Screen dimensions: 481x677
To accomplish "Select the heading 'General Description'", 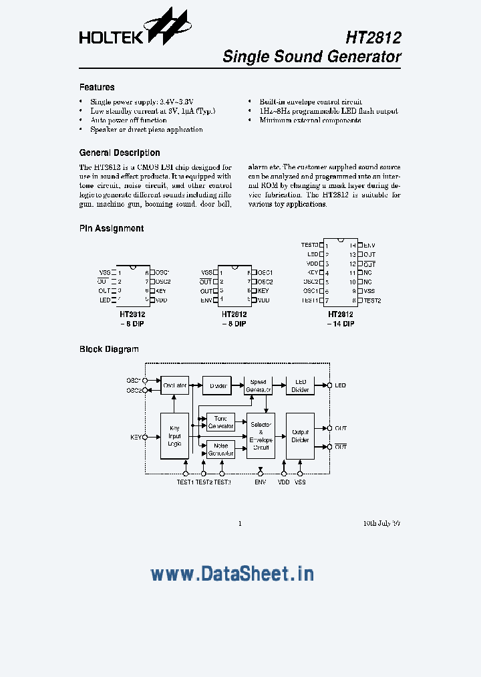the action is [120, 153].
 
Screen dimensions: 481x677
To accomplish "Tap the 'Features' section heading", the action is [97, 87].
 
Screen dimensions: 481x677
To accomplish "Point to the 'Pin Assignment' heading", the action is [111, 228].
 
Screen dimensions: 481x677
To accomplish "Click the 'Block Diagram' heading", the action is [109, 349].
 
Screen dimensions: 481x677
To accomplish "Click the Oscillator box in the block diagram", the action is [175, 385].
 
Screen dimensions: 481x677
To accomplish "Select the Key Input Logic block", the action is [174, 436].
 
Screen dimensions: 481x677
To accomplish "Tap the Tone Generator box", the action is [220, 422].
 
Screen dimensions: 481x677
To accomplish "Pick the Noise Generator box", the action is [220, 450].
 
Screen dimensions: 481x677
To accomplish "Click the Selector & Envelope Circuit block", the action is [261, 436].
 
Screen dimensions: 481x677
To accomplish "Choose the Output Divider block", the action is [300, 436].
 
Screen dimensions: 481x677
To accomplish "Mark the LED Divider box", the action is [300, 385].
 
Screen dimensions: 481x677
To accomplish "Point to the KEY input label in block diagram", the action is [135, 437].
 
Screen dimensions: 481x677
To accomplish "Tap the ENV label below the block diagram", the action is [261, 482].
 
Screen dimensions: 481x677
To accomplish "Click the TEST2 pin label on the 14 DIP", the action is [372, 300].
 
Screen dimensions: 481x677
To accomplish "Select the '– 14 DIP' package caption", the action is [341, 324].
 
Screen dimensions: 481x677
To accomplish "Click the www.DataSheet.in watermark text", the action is [232, 573].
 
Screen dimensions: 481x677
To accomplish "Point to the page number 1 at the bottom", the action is [240, 523].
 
